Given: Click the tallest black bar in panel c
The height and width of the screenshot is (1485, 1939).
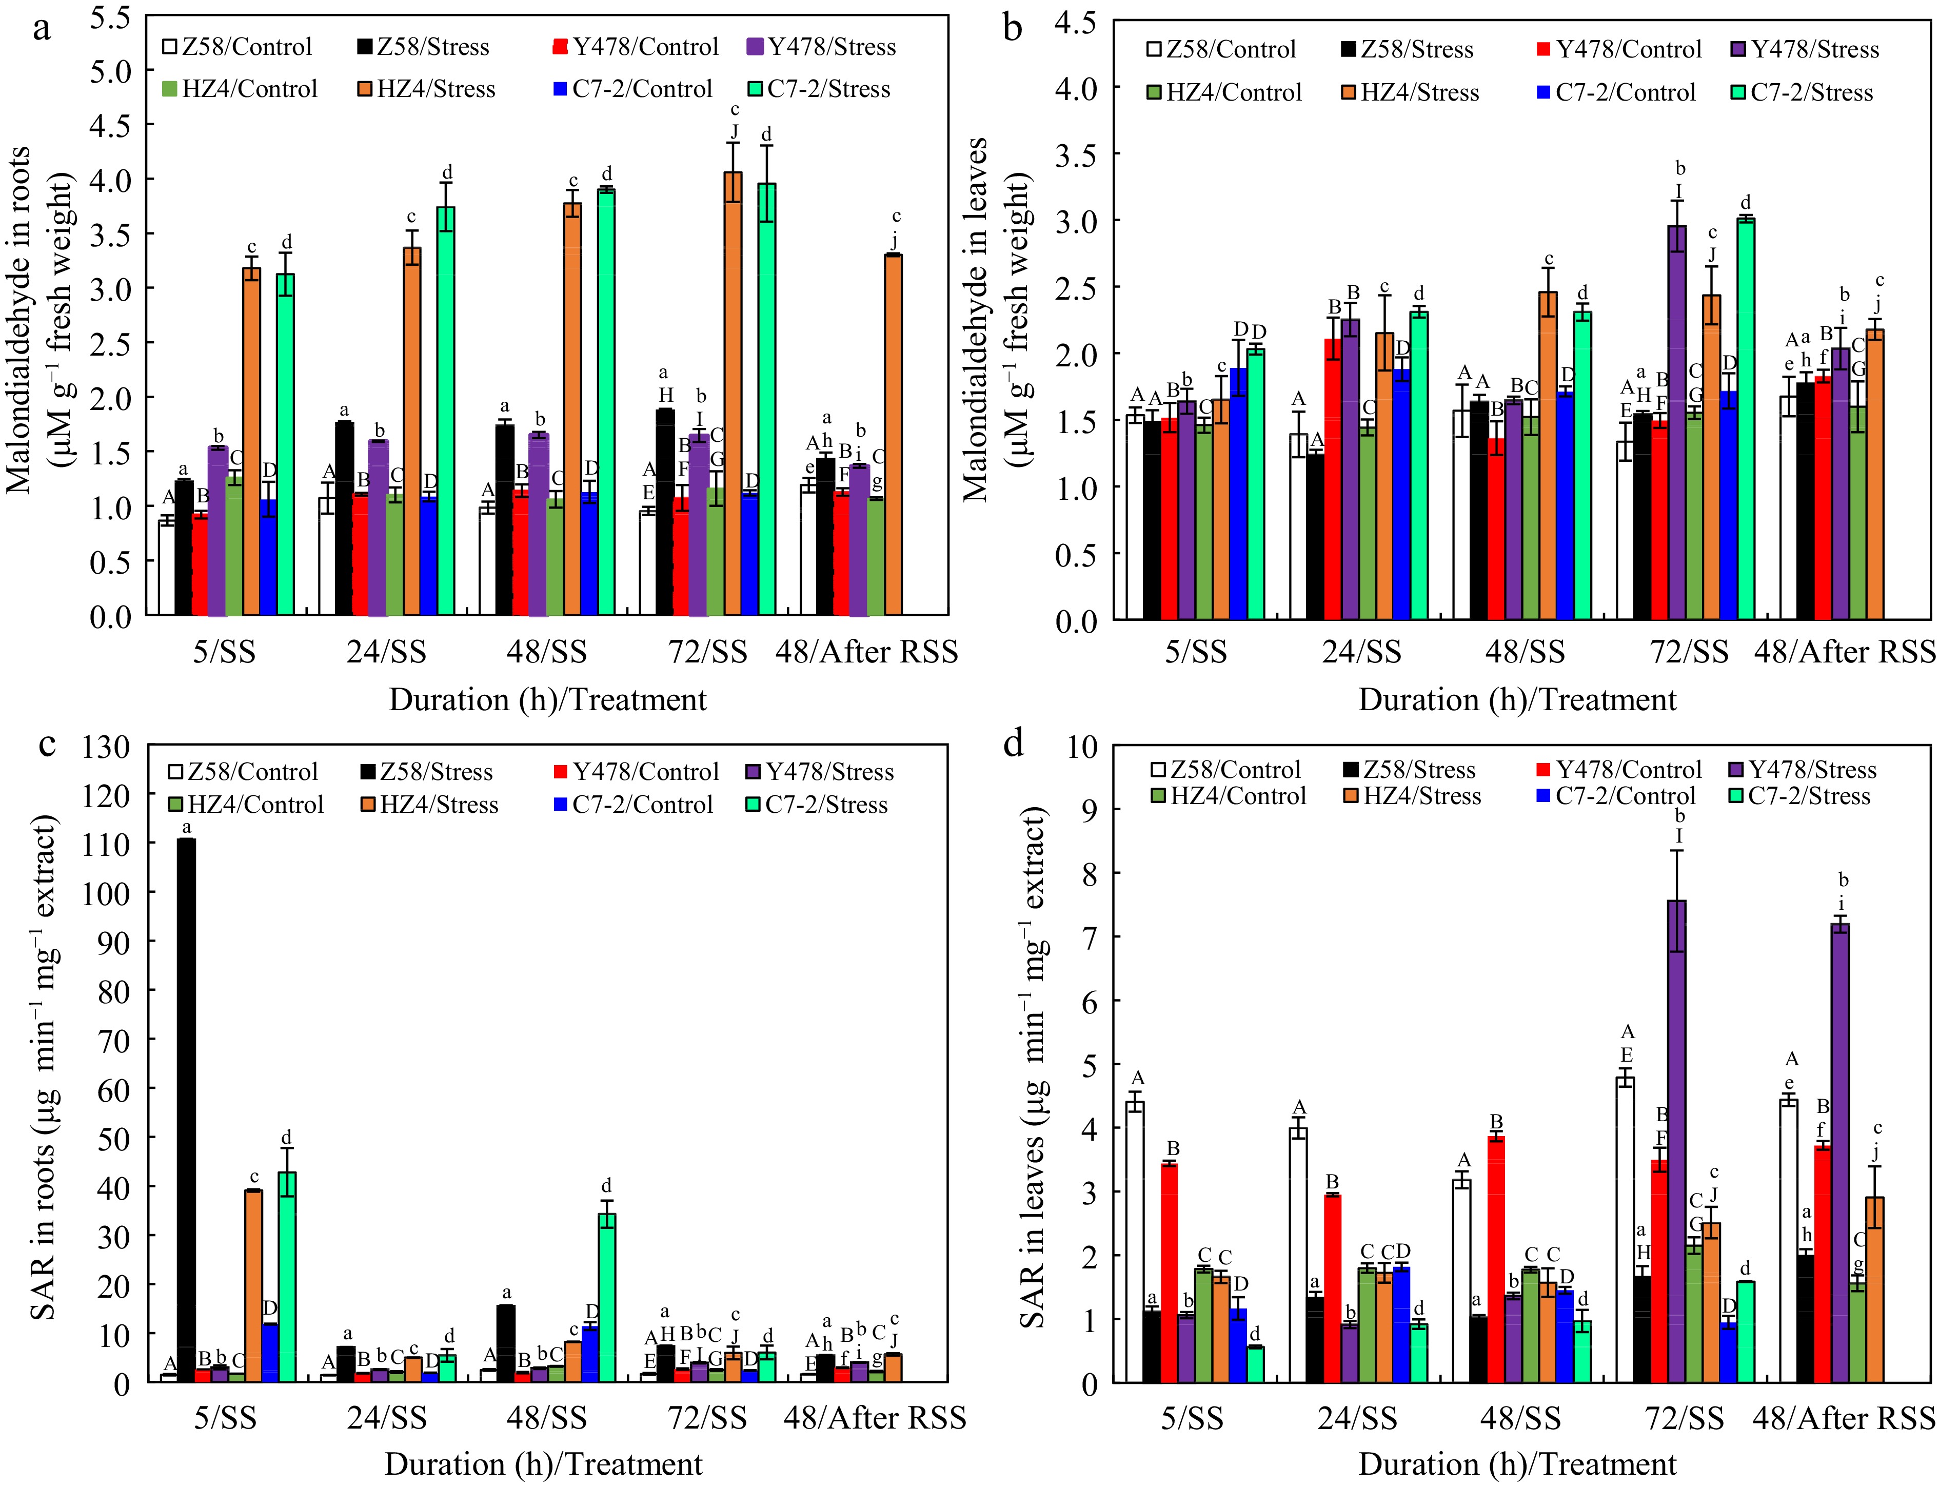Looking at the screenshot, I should [187, 1109].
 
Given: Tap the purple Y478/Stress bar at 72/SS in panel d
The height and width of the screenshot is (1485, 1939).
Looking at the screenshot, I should [1676, 1140].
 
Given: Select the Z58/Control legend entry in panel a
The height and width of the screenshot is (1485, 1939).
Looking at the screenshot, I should [237, 47].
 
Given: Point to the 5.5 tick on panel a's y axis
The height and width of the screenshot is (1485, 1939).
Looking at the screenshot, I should [110, 17].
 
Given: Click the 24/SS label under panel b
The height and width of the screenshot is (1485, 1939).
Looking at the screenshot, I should [1361, 652].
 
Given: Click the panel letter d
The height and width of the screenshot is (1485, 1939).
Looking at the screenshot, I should [1014, 744].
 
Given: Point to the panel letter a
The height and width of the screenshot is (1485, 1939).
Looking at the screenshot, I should [42, 28].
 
